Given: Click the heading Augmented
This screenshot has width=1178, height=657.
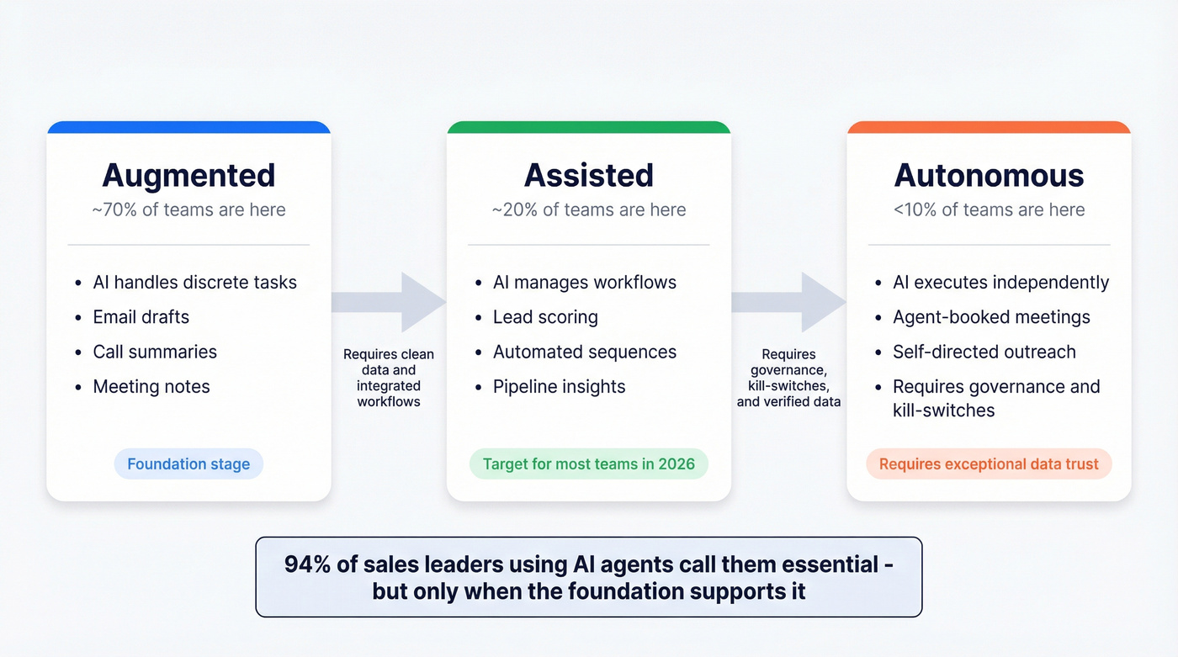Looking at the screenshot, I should [x=188, y=175].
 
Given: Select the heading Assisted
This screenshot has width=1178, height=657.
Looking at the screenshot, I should [x=588, y=175].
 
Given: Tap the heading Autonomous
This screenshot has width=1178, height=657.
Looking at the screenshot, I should [x=989, y=175].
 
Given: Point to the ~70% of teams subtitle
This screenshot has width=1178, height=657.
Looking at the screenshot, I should [x=188, y=209].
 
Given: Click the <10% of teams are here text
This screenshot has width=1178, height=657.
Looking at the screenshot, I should [x=989, y=209].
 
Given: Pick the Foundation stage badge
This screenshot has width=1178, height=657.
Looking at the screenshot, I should [x=188, y=464].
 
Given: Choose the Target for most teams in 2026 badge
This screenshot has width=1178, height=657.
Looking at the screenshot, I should [x=588, y=464].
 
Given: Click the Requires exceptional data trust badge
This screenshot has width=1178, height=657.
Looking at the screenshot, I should [x=989, y=464].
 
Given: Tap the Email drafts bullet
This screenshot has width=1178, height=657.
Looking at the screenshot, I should [x=141, y=317].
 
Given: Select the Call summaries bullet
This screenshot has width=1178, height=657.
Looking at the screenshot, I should [x=155, y=352].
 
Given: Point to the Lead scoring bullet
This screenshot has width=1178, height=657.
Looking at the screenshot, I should [x=545, y=317].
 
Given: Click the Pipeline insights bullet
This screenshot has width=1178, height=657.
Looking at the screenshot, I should [x=559, y=387].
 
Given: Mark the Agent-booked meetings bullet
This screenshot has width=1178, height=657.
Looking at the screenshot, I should [x=991, y=317].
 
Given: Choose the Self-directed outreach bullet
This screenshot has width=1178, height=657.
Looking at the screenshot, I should [x=984, y=352].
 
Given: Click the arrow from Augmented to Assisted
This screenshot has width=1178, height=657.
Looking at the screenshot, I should [x=389, y=302].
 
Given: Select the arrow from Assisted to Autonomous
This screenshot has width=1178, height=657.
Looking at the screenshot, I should [x=788, y=302].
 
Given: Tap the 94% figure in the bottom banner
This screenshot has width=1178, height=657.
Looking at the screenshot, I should [x=307, y=564].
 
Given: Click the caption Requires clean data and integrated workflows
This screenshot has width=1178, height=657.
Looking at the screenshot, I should [x=389, y=378].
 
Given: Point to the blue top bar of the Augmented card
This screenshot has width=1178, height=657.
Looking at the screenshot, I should [x=188, y=127].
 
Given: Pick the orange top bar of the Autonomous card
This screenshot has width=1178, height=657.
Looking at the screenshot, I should [x=989, y=127].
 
